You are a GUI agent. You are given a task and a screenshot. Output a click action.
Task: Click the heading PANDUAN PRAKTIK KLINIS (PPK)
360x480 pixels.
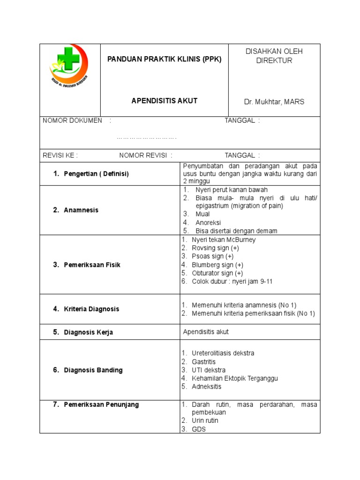click(164, 60)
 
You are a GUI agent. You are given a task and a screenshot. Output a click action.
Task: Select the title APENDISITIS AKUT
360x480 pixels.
click(164, 101)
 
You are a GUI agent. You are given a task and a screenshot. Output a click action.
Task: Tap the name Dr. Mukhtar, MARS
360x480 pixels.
click(274, 102)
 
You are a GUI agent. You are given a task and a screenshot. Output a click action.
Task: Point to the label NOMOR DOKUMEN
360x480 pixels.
click(72, 120)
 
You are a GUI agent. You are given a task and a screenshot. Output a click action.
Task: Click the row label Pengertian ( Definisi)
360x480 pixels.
click(96, 173)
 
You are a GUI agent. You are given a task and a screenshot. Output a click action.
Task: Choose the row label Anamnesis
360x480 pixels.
click(81, 210)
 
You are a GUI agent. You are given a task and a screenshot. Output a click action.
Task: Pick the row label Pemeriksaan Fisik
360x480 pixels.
click(92, 265)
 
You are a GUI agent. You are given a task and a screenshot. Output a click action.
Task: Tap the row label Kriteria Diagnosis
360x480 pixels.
click(91, 309)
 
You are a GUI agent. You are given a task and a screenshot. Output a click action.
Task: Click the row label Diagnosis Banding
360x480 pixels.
click(93, 370)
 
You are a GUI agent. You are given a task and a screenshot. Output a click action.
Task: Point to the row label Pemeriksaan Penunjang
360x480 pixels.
click(101, 405)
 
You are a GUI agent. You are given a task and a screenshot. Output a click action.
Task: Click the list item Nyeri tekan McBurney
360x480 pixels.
click(224, 240)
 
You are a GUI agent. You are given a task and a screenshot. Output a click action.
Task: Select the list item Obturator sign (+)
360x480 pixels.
click(217, 273)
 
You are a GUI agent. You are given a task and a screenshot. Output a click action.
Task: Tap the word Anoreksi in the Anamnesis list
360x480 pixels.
click(208, 223)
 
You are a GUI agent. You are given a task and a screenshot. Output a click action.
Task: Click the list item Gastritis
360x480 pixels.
click(203, 361)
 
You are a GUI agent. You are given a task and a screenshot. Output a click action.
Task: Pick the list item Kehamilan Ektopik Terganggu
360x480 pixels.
click(235, 378)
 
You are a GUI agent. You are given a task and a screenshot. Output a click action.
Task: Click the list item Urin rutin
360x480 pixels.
click(205, 420)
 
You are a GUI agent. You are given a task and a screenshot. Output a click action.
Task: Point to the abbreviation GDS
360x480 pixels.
click(199, 429)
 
